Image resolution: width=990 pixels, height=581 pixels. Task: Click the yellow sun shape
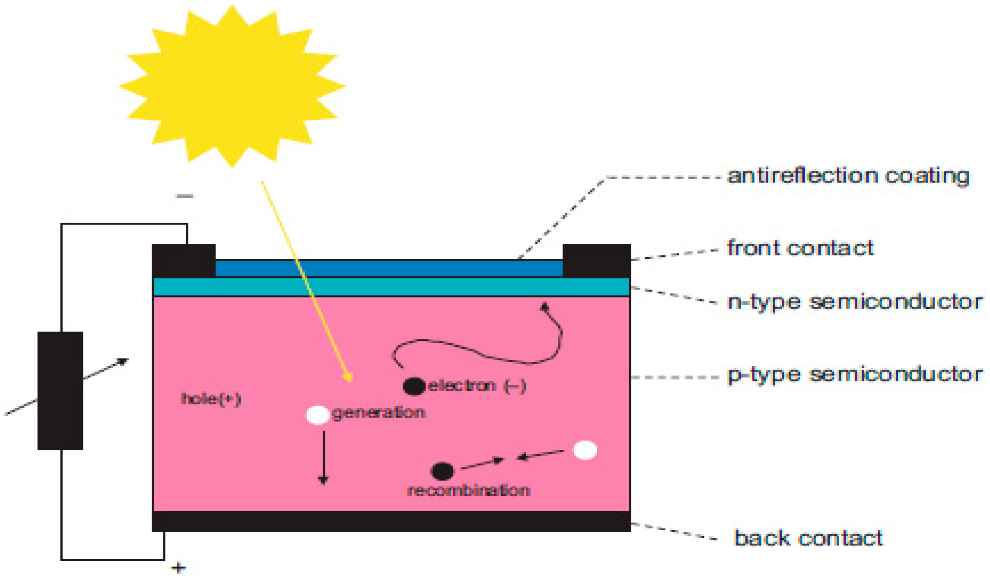[x=232, y=87]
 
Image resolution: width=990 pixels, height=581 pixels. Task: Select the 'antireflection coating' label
[x=848, y=175]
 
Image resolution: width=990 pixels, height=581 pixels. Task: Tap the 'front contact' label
[x=800, y=248]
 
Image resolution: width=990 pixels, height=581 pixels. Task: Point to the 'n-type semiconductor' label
[x=855, y=303]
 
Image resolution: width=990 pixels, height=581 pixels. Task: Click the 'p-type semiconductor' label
[x=855, y=375]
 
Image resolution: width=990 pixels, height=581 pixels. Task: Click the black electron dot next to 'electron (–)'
[x=414, y=386]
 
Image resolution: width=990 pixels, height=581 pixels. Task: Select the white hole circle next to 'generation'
[x=318, y=415]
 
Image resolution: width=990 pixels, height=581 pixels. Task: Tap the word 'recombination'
[x=469, y=491]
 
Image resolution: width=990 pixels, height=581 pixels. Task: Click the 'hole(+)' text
[x=211, y=399]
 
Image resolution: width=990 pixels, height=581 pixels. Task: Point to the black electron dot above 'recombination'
[x=442, y=471]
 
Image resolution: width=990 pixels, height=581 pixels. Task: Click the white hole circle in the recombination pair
[x=585, y=450]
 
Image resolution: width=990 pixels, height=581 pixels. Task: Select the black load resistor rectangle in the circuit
[x=60, y=391]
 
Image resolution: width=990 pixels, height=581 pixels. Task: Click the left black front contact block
[x=183, y=260]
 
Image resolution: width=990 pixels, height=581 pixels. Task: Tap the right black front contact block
[x=596, y=260]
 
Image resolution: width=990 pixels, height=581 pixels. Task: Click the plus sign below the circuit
[x=178, y=568]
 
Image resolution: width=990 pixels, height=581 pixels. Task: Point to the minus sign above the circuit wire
[x=185, y=196]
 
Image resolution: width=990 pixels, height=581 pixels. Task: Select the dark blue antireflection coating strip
[x=389, y=269]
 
